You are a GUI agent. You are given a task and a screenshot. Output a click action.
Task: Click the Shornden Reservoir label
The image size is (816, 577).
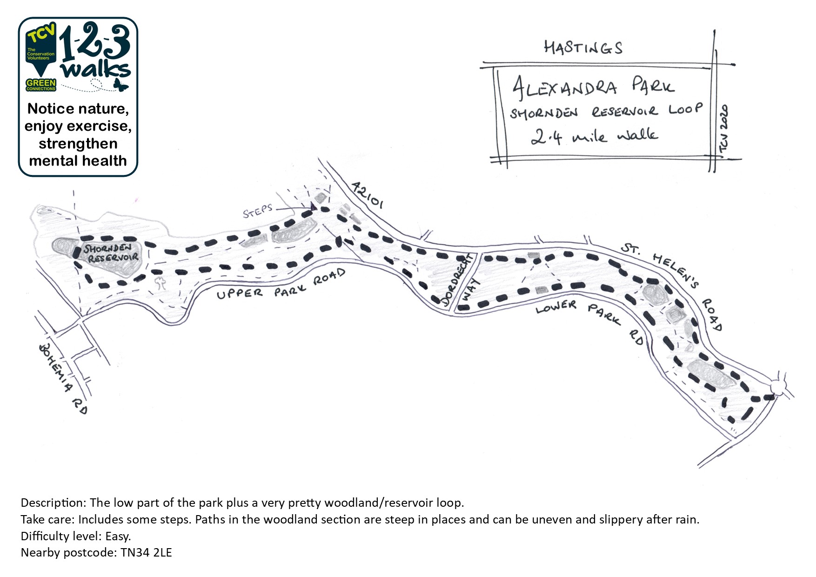(111, 253)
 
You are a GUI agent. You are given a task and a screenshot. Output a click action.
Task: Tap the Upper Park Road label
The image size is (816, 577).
(281, 285)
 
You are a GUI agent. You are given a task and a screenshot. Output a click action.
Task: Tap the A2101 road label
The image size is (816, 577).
(367, 195)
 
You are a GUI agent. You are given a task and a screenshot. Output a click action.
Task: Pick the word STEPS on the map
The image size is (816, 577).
(257, 211)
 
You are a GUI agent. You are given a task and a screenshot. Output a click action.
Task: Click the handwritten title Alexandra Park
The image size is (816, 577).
(593, 87)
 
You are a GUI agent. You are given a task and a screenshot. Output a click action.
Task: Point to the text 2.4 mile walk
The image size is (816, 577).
(594, 136)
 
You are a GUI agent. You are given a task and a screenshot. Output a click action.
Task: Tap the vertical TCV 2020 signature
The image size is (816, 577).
(724, 128)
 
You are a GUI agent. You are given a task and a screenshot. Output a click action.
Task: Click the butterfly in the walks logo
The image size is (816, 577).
(121, 85)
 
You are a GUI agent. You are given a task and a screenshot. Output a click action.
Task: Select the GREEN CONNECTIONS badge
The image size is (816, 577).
(41, 85)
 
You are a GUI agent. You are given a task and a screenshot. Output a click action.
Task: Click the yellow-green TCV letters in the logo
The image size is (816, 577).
(41, 34)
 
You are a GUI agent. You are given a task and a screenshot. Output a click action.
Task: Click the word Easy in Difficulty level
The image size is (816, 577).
(118, 536)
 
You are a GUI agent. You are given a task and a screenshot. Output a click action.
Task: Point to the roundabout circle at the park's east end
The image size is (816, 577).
(778, 386)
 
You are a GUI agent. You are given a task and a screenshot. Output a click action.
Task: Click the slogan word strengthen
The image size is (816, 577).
(78, 144)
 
